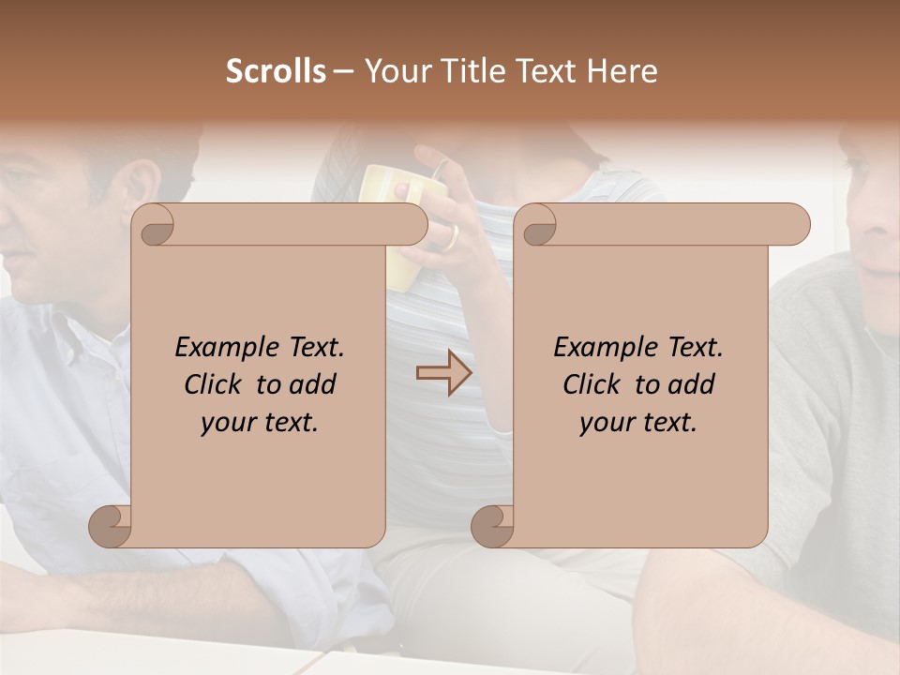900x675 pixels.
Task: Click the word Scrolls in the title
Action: click(x=276, y=71)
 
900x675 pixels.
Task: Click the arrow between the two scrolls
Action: click(x=443, y=372)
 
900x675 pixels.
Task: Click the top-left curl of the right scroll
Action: click(x=537, y=226)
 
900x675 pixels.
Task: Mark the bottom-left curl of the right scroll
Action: click(x=493, y=525)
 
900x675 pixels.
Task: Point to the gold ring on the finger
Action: click(x=451, y=236)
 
